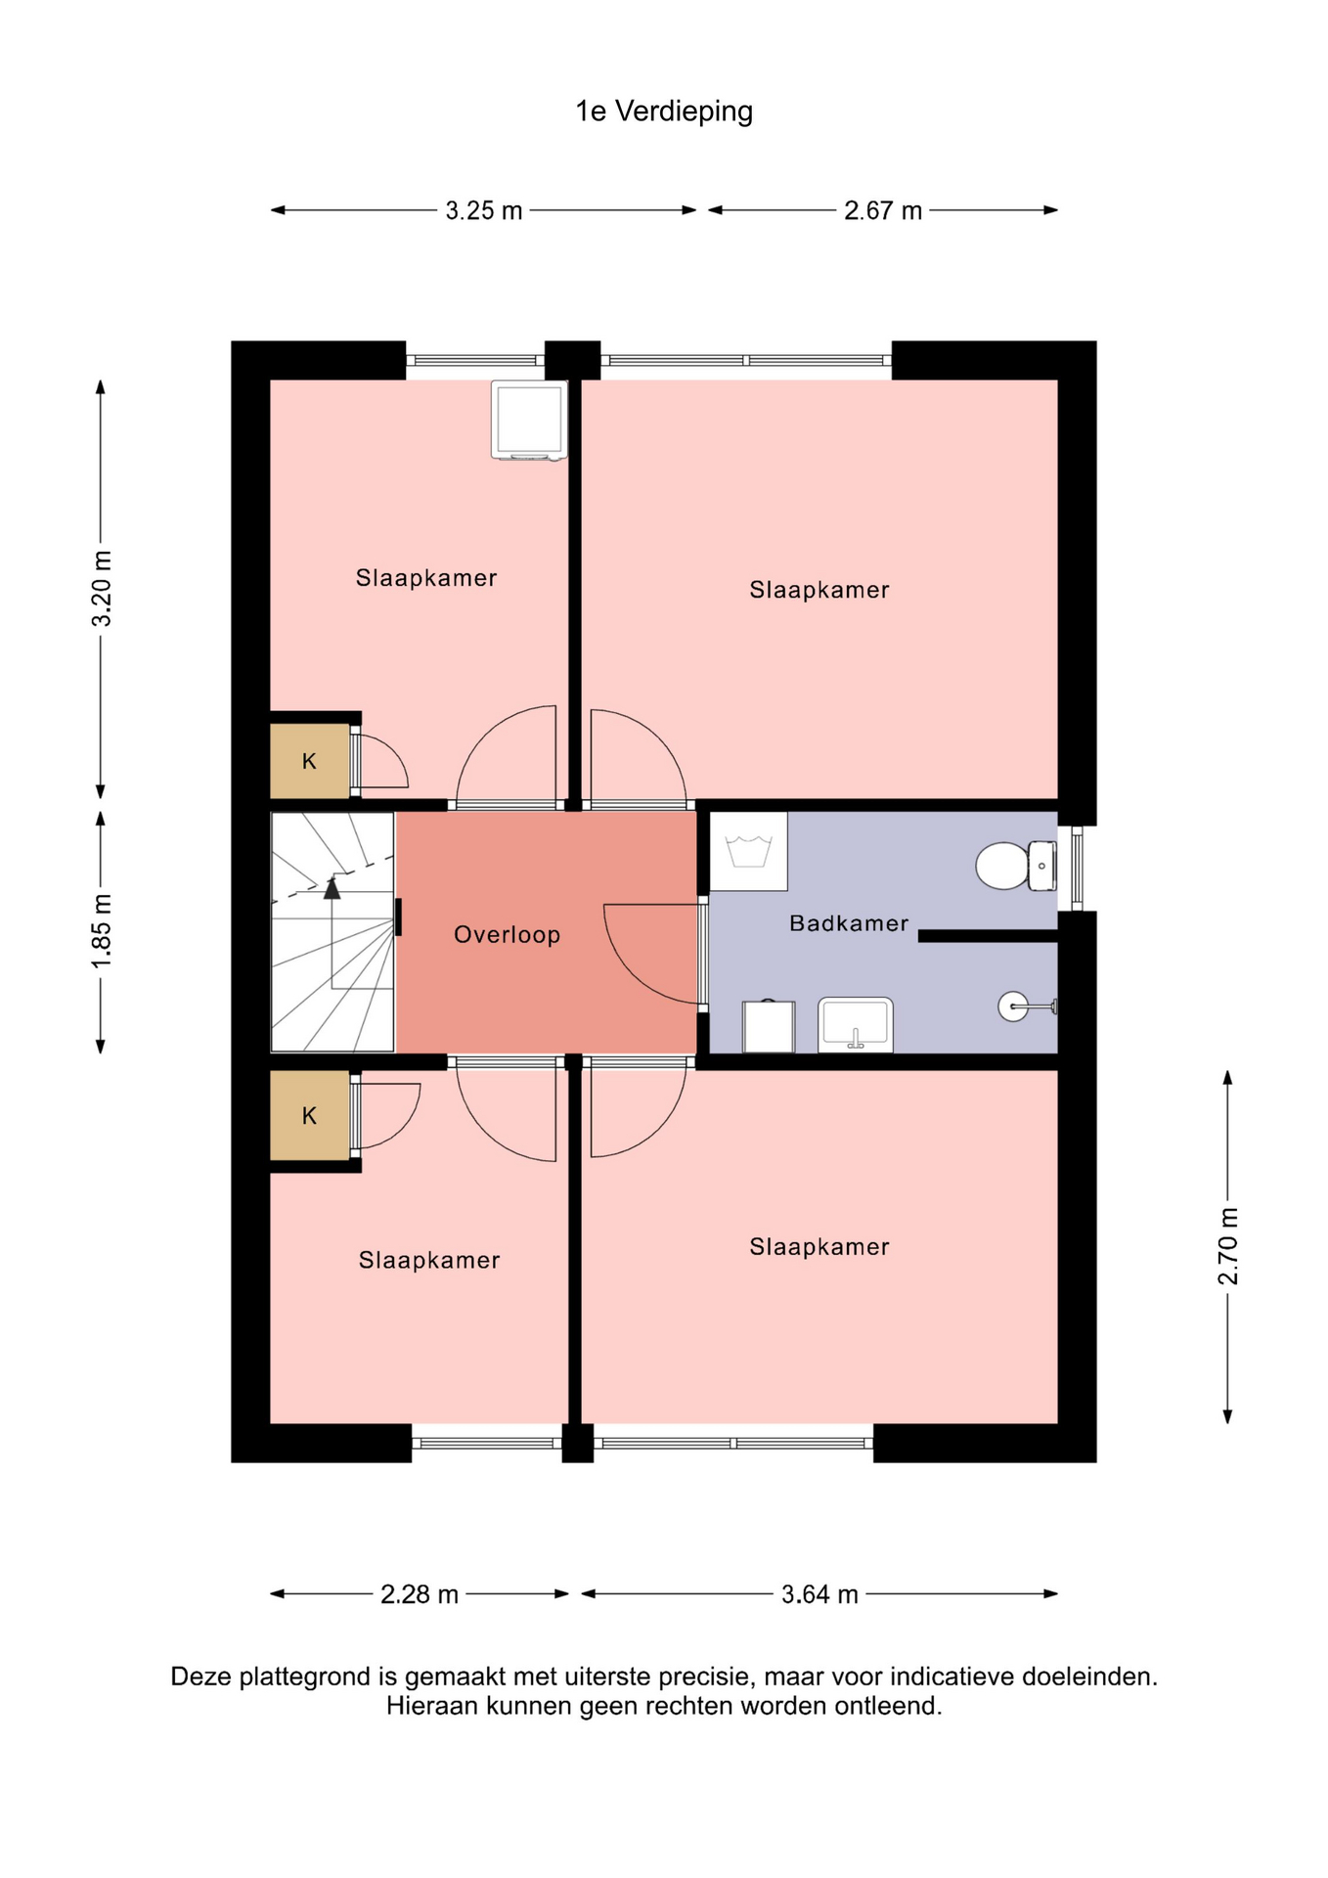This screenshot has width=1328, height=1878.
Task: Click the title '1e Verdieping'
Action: point(664,112)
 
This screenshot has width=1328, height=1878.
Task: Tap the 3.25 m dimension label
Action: point(484,210)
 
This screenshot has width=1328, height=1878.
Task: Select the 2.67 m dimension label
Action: point(883,210)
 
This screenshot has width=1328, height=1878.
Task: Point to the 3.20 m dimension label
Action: point(102,588)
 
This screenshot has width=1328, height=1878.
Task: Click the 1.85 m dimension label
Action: point(102,930)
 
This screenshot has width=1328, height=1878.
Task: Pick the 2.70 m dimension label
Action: point(1228,1246)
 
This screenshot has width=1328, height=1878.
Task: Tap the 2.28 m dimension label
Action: point(420,1594)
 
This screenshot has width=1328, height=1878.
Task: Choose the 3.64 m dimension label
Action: point(819,1594)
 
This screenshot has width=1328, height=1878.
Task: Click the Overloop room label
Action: point(507,935)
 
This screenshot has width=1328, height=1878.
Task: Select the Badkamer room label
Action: point(849,923)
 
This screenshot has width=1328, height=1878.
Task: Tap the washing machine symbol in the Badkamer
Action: point(748,851)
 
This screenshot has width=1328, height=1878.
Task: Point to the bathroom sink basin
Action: point(856,1025)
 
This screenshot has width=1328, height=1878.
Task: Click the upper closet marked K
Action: point(310,761)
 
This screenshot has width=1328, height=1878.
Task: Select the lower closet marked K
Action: point(310,1116)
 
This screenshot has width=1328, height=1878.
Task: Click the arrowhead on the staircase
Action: point(332,888)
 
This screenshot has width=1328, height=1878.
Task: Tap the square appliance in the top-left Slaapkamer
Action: point(529,420)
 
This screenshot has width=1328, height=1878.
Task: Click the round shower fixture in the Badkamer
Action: point(1013,1006)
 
